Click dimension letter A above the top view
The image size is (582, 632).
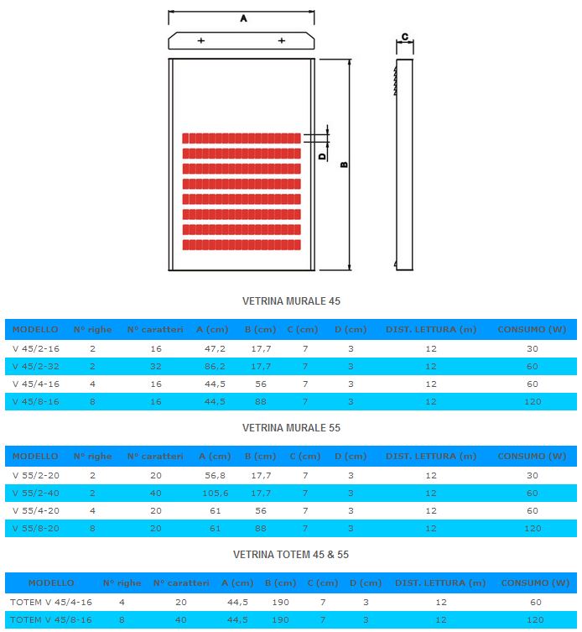(243, 18)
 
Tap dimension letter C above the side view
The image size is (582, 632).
(405, 37)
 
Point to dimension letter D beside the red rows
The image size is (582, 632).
(322, 156)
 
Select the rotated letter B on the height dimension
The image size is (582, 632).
(344, 165)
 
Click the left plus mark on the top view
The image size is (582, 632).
(201, 40)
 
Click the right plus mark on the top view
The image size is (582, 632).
(282, 40)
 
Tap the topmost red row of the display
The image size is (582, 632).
(242, 138)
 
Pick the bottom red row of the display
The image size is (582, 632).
(242, 244)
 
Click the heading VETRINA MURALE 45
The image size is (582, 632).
(291, 301)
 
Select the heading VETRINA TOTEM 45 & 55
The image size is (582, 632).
(291, 555)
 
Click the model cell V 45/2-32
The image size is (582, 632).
(36, 367)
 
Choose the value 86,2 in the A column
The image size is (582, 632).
(215, 367)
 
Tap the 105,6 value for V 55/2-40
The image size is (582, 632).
(216, 493)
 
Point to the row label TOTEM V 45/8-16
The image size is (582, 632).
(51, 619)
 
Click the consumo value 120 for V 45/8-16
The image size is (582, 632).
(533, 401)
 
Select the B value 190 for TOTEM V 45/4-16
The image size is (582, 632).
(280, 602)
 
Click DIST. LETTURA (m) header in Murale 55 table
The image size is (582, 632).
(431, 457)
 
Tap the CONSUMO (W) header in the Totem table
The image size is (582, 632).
(535, 582)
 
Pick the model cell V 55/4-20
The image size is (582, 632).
(36, 510)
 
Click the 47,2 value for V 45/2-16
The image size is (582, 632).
(215, 348)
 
